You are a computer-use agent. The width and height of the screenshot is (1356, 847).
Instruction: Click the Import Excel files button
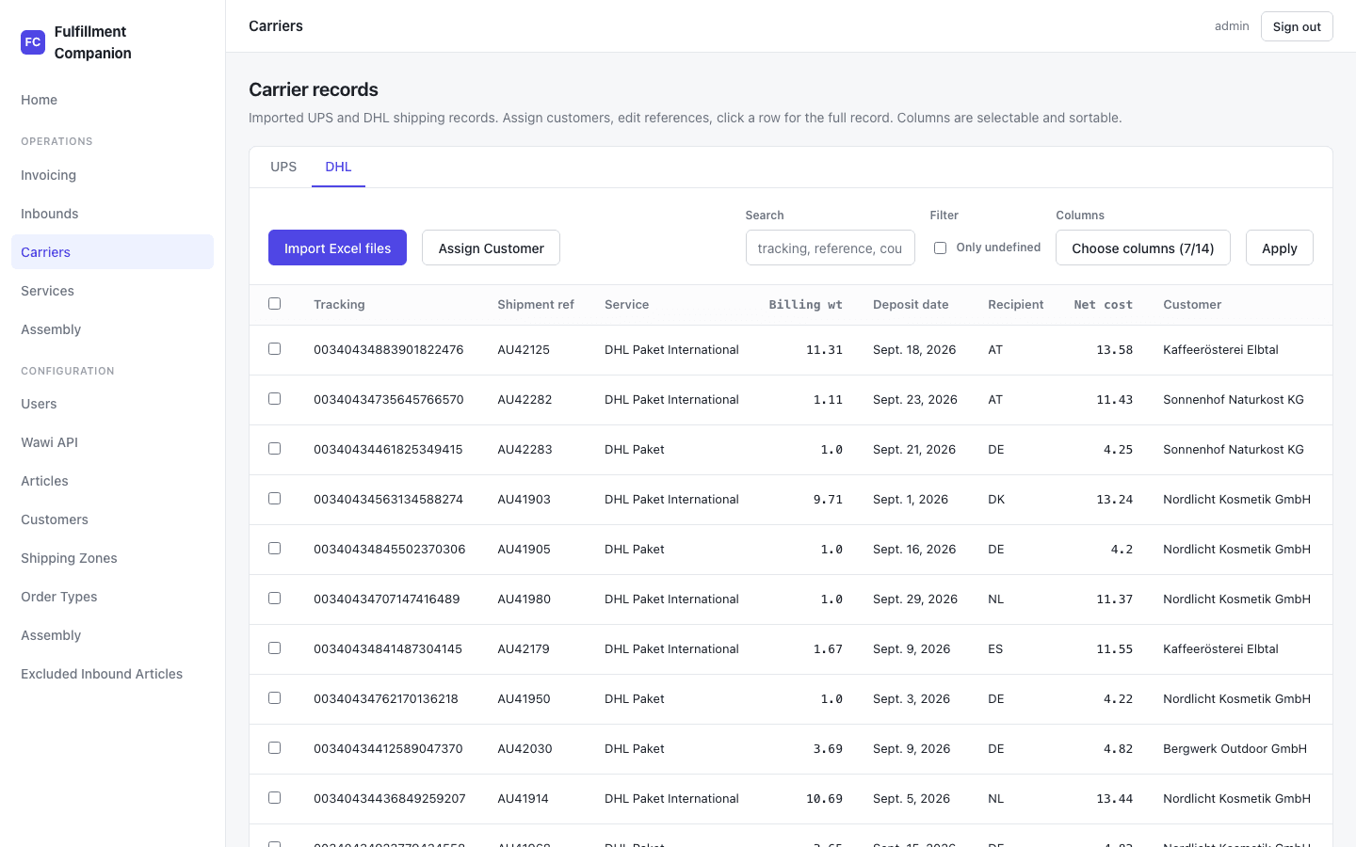337,248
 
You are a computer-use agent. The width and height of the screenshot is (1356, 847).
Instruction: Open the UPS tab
283,167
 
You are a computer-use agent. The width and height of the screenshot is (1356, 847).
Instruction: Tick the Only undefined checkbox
940,248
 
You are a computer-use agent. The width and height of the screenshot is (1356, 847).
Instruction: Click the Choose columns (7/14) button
1143,248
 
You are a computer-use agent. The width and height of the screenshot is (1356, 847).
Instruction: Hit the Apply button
1279,248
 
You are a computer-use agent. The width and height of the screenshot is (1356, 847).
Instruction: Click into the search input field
830,248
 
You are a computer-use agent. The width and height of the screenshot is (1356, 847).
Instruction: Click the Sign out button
1297,26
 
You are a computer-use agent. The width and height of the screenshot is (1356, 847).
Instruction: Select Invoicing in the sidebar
48,175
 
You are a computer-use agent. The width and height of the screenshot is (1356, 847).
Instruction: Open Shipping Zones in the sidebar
69,558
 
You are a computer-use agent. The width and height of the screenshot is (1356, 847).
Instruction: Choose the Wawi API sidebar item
50,442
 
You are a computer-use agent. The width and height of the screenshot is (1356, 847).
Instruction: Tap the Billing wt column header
805,304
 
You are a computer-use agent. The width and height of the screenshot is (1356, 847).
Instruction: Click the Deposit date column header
911,304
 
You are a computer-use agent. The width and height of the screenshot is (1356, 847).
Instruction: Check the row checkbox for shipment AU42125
275,349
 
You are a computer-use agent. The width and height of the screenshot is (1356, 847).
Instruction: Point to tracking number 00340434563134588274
388,499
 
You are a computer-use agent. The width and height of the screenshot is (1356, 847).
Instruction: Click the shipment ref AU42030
525,748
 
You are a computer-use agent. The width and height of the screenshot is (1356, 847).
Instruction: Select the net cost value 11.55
1115,648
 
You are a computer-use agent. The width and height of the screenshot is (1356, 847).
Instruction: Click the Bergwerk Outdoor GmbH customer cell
1235,748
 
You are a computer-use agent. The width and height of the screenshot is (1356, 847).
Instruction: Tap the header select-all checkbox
275,304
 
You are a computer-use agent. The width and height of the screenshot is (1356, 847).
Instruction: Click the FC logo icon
33,42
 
